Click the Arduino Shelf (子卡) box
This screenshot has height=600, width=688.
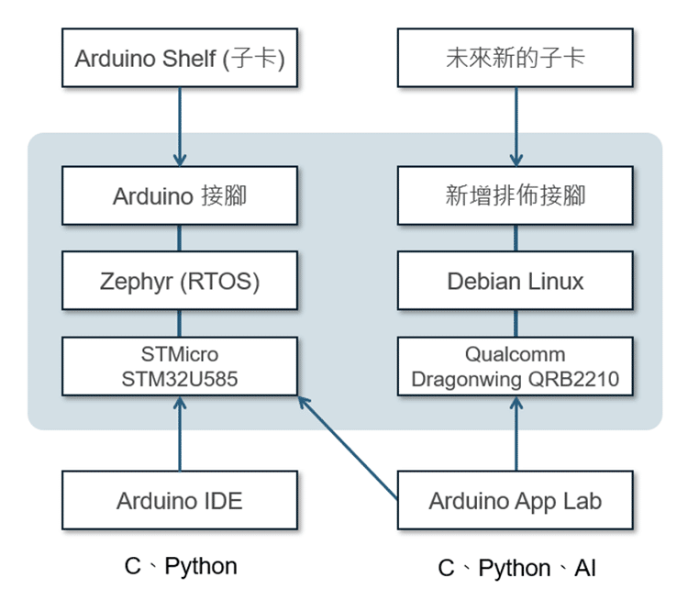pos(180,59)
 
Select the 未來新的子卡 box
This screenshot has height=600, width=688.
pos(515,59)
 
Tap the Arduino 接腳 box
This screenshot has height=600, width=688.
pos(180,195)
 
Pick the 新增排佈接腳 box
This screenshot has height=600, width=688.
pos(515,195)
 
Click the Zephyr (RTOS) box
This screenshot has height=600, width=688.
pos(180,281)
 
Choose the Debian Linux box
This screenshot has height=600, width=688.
pos(515,281)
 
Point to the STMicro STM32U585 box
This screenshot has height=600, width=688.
pos(180,366)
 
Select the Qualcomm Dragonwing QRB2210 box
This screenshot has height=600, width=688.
pos(515,366)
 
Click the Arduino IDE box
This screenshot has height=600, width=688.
pos(180,500)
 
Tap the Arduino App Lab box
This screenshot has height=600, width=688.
pos(515,500)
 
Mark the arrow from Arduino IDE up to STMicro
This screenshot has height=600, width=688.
pos(180,433)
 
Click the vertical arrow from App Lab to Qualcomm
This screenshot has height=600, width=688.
pos(515,433)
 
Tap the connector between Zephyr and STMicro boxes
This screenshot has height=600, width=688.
pos(180,323)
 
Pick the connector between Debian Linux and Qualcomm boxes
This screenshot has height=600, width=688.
pos(515,323)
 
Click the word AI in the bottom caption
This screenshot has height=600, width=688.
pos(584,569)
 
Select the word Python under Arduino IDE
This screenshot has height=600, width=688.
pos(201,566)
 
